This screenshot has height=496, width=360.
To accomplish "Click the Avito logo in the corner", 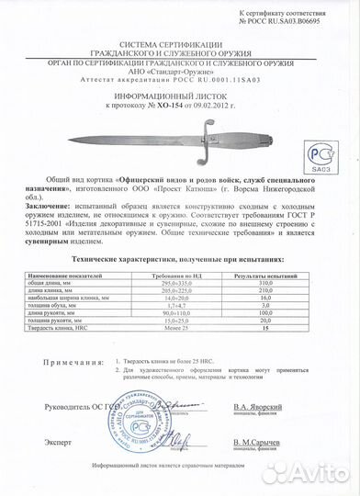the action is point(307,472).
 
